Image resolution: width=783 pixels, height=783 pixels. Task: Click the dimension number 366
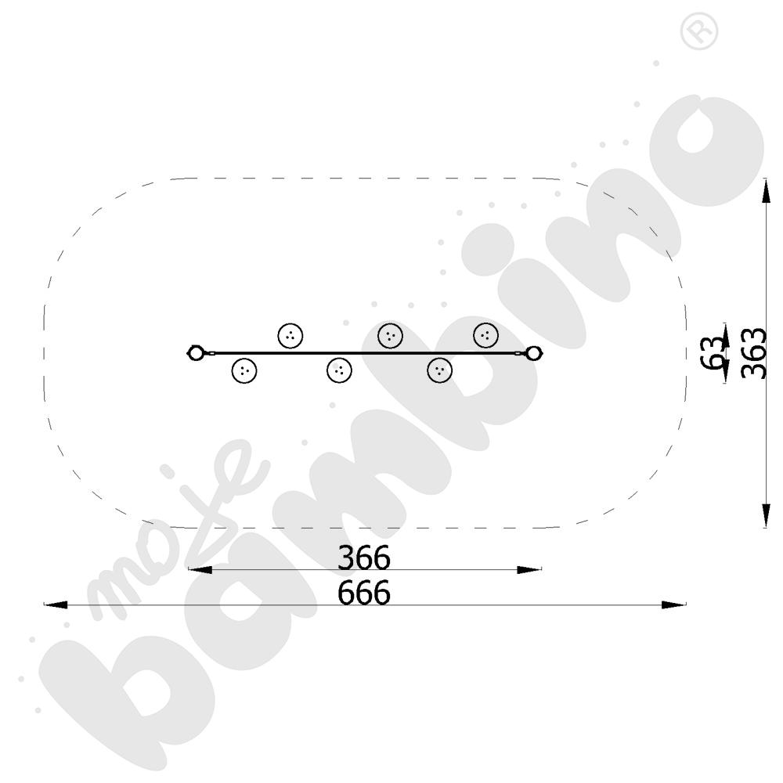tap(363, 557)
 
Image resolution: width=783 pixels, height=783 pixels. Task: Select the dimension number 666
tap(363, 594)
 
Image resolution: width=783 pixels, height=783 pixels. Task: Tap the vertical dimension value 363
tap(753, 353)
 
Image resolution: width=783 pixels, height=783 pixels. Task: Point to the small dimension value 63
tap(713, 353)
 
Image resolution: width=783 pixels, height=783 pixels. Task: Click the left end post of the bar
tap(195, 353)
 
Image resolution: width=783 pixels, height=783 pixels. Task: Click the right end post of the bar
tap(534, 353)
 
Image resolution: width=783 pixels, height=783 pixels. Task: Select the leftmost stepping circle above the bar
tap(290, 336)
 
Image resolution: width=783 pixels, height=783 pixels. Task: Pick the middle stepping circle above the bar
tap(391, 336)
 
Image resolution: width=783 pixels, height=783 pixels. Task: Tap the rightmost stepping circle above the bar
tap(485, 335)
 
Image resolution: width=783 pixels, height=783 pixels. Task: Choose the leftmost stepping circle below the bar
tap(244, 370)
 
